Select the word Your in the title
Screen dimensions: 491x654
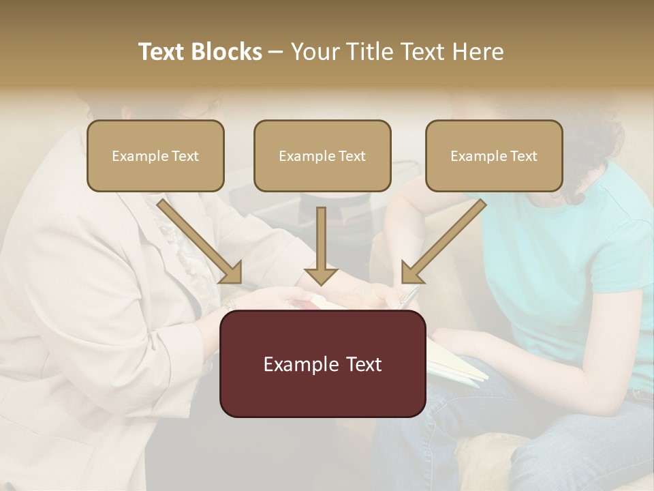pos(313,52)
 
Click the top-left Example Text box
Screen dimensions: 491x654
pos(155,155)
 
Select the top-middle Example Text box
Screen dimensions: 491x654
pos(322,155)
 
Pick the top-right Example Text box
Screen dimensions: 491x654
pos(494,155)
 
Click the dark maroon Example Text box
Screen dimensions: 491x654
pos(322,363)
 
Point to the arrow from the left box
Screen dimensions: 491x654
pos(201,242)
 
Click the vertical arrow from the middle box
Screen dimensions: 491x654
pos(321,239)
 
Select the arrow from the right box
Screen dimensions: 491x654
pos(443,242)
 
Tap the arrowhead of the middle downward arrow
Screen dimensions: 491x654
pos(321,276)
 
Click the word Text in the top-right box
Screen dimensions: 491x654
pos(524,156)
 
